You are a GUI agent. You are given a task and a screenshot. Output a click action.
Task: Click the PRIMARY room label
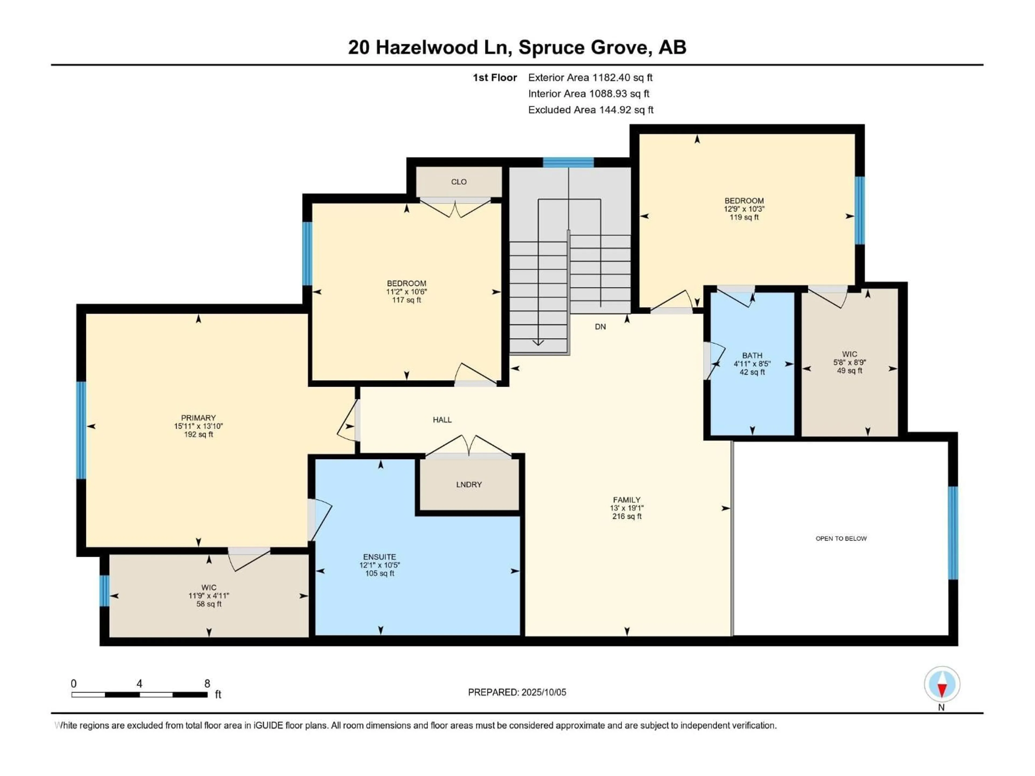click(x=198, y=418)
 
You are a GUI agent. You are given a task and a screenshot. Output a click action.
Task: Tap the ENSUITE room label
click(x=379, y=557)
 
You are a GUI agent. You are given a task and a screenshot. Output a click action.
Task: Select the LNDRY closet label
click(x=469, y=484)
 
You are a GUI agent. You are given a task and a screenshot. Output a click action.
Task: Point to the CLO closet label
click(x=458, y=182)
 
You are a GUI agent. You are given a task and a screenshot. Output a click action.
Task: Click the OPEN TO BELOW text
click(x=841, y=538)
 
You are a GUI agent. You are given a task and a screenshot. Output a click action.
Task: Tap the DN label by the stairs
click(x=600, y=327)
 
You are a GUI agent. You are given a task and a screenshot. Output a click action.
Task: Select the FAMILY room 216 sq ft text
click(x=626, y=517)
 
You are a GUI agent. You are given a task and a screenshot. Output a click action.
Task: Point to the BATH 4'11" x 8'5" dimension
click(x=752, y=363)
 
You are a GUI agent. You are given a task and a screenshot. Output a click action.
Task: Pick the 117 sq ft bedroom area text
click(x=406, y=300)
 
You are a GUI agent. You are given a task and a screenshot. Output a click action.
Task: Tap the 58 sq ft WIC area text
click(x=209, y=604)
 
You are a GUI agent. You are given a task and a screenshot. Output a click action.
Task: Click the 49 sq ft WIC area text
click(x=849, y=370)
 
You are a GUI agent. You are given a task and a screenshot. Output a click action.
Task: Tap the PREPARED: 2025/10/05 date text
click(x=517, y=692)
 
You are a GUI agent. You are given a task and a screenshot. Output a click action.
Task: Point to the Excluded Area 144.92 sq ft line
click(x=591, y=110)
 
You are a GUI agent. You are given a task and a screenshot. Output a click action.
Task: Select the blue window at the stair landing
click(x=568, y=162)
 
